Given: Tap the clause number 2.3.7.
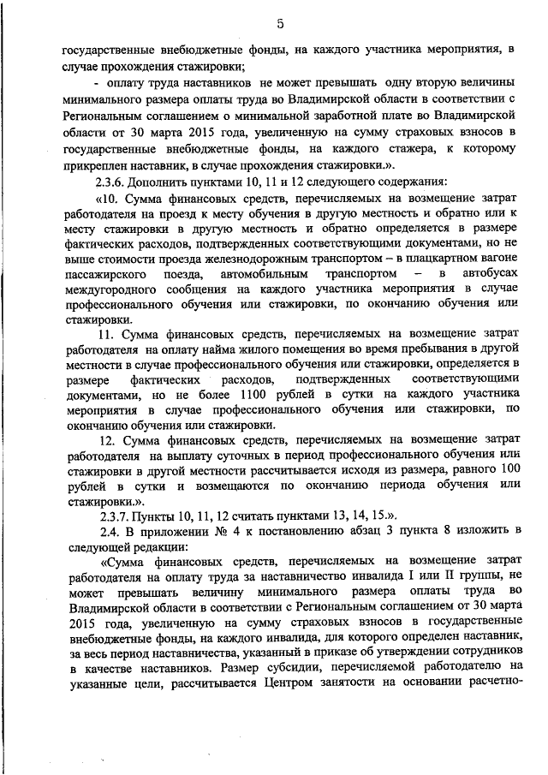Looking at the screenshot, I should (115, 516).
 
